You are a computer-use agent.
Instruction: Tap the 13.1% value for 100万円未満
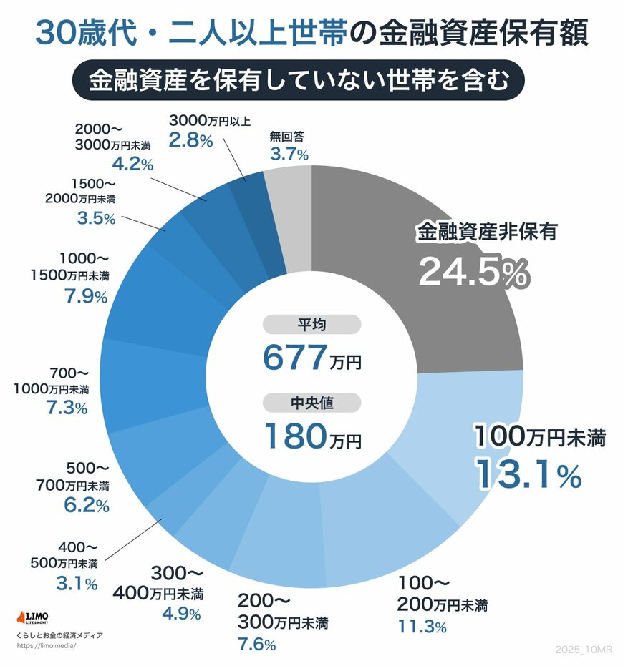(x=528, y=475)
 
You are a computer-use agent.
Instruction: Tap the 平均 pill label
(x=311, y=325)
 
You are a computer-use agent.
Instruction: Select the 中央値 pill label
(x=311, y=403)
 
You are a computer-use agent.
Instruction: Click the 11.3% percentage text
(x=422, y=627)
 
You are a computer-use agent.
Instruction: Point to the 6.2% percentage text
(x=87, y=506)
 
